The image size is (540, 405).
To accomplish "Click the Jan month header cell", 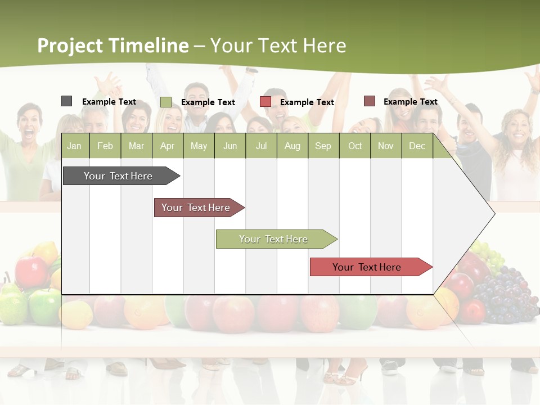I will click(75, 146).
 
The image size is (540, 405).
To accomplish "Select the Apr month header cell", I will click(168, 146).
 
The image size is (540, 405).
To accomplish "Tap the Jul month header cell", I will click(261, 146).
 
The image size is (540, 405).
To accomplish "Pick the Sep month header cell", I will click(323, 146).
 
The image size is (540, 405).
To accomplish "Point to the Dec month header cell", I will click(417, 146).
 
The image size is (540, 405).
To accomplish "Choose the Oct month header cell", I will click(354, 146).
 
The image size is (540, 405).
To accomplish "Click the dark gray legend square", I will click(66, 101).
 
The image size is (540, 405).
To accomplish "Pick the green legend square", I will click(165, 102).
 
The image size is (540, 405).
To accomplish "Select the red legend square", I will click(265, 102).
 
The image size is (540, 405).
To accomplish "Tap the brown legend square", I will click(369, 101).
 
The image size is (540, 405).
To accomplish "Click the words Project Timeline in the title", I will click(112, 46).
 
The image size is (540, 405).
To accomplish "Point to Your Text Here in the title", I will click(278, 46).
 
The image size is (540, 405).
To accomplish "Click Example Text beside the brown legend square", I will click(410, 102).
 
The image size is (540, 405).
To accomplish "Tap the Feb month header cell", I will click(105, 146).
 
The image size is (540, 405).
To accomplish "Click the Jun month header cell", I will click(229, 146).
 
